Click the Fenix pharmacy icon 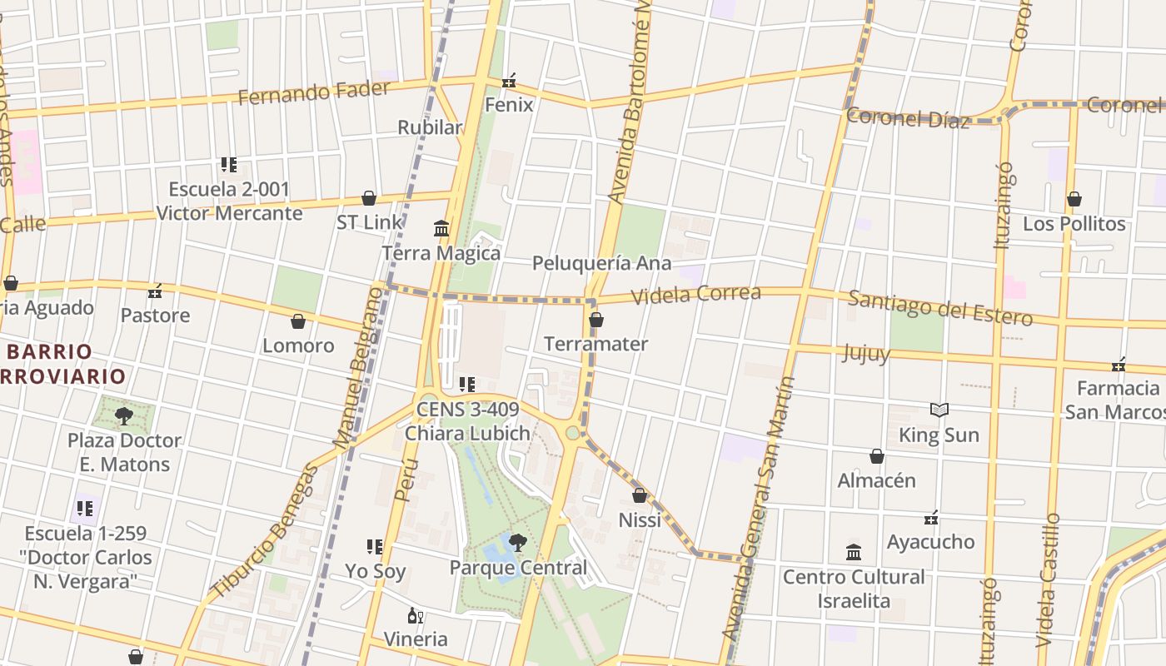point(509,82)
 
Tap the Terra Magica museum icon point(441,228)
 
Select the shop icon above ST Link point(369,198)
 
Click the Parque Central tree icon point(517,543)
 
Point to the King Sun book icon point(939,410)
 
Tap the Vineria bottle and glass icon point(415,616)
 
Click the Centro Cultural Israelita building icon point(854,552)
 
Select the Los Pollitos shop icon point(1074,200)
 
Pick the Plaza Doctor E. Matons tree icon point(124,415)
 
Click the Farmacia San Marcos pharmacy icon point(1119,365)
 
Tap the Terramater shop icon point(596,320)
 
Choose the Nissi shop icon point(640,496)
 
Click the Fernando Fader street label point(314,92)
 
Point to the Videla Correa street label point(696,294)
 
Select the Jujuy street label point(866,353)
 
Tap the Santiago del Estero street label point(940,307)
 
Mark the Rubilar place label point(430,127)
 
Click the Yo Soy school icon point(375,547)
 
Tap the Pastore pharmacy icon point(155,291)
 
